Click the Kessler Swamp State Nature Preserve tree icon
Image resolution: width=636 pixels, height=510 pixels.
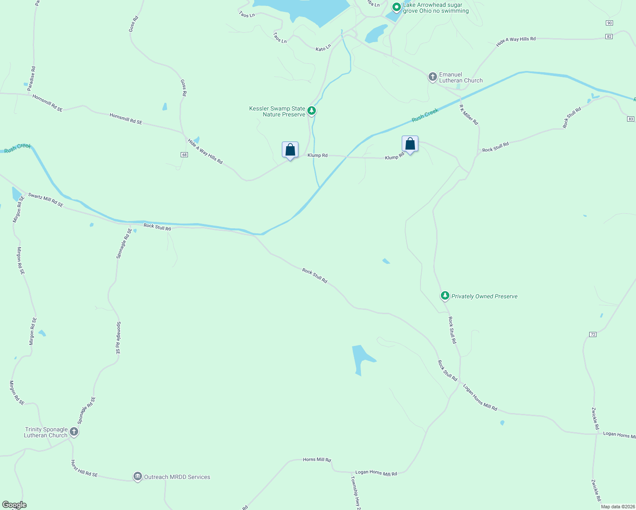pos(312,111)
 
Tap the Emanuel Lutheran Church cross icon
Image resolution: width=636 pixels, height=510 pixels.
pos(432,77)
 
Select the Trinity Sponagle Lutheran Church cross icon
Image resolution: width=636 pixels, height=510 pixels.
pos(74,432)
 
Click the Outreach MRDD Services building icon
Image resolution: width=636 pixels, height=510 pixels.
pos(137,476)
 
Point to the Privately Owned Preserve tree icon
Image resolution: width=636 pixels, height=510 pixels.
pos(445,295)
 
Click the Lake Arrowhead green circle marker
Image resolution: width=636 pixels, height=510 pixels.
pos(396,7)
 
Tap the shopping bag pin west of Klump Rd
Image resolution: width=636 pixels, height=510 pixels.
pos(290,150)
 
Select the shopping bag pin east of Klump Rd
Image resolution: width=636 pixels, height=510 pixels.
pos(410,144)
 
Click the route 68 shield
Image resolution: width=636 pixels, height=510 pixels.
pos(184,155)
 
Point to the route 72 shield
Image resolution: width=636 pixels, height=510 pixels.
pos(593,334)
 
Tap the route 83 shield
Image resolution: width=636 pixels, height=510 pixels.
pos(630,119)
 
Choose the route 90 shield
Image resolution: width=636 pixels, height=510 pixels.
pos(610,23)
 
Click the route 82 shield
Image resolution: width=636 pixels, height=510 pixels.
pos(609,37)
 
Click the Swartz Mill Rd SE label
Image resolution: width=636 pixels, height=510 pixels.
pos(45,200)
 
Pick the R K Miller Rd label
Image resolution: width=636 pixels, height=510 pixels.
pos(469,115)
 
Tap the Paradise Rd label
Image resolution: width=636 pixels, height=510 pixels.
pos(31,78)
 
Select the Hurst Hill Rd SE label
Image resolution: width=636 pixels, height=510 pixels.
pos(84,468)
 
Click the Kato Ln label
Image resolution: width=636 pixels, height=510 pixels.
pos(323,48)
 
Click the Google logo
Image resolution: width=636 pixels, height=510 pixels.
pos(14,505)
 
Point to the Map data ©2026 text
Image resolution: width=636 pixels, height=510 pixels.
pos(618,507)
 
